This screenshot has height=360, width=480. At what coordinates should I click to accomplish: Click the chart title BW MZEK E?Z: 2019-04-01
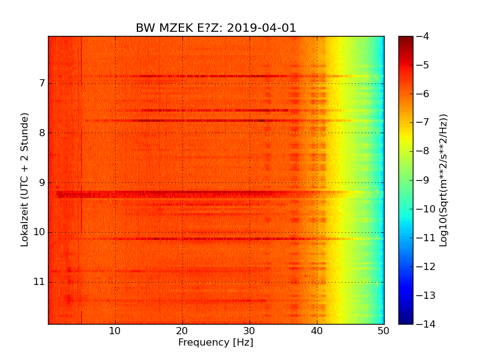(216, 28)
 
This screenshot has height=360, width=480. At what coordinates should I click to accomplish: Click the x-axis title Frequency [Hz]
(215, 343)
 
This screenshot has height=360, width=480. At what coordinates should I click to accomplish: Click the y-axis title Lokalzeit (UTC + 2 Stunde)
(25, 180)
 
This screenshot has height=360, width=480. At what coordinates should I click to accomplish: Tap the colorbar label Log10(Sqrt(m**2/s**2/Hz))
(443, 180)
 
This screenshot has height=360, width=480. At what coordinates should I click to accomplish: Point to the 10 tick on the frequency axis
(115, 330)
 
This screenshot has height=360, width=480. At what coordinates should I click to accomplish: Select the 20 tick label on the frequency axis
(182, 330)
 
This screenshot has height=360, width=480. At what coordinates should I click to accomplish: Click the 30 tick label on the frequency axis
(250, 330)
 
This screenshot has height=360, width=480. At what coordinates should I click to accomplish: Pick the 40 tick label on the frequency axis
(317, 330)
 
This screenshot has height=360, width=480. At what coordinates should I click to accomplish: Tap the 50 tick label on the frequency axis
(383, 330)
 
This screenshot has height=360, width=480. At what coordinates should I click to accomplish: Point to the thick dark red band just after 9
(180, 194)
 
